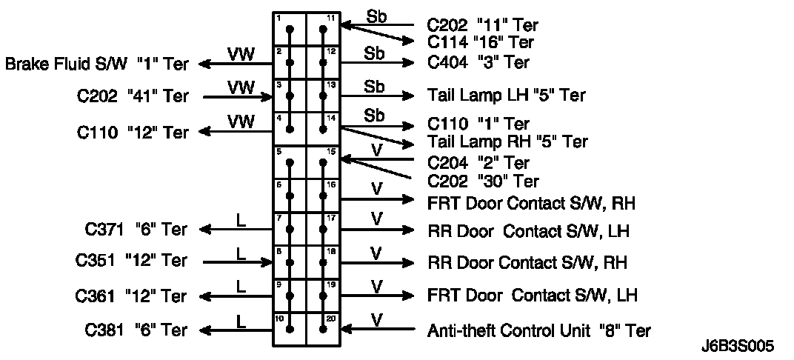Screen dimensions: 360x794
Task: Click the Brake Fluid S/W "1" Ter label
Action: tap(96, 64)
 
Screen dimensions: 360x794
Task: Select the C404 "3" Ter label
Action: tap(478, 62)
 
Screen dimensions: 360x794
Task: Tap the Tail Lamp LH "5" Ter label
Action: tap(506, 96)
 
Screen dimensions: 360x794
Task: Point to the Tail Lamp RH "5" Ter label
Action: tap(507, 141)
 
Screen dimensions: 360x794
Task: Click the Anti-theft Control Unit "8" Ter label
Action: tap(539, 330)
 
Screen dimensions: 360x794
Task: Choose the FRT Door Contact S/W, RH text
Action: tap(532, 202)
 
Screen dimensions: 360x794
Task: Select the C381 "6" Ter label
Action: tap(131, 330)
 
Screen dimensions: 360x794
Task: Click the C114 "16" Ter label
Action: tap(481, 43)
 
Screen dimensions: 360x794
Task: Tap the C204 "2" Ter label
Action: tap(478, 162)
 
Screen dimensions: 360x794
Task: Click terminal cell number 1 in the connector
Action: tap(290, 30)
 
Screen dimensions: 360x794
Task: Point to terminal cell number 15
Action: tap(323, 161)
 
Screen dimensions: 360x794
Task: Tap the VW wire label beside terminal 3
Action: tap(240, 87)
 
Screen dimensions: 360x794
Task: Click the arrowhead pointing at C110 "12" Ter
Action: tap(205, 131)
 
